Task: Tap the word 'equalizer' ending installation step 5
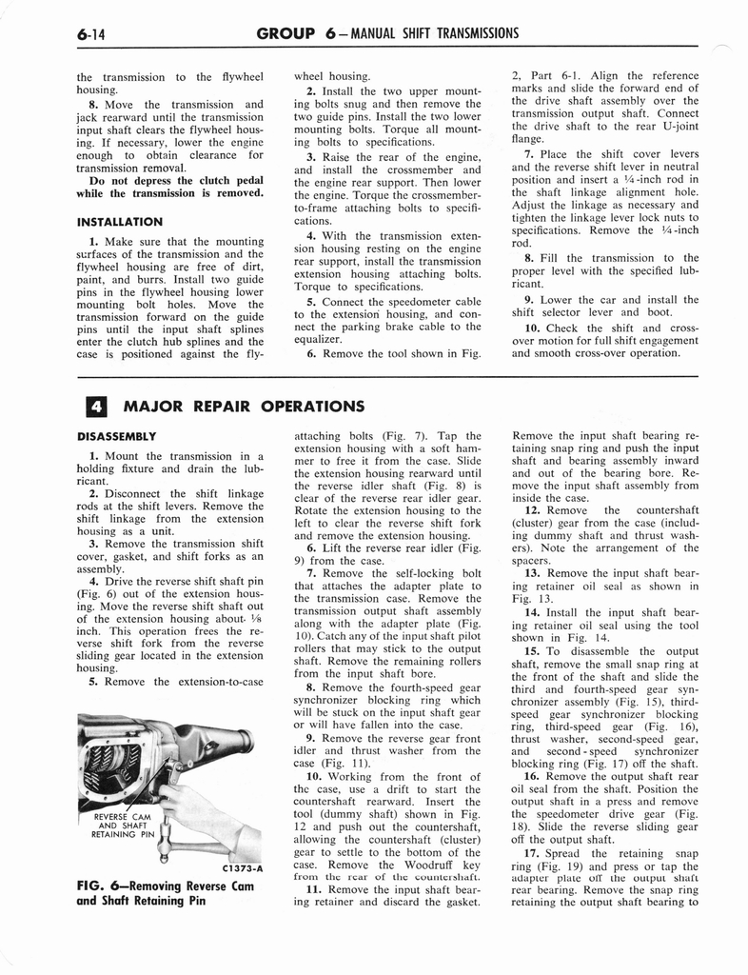coord(318,338)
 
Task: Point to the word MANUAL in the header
coord(394,34)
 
